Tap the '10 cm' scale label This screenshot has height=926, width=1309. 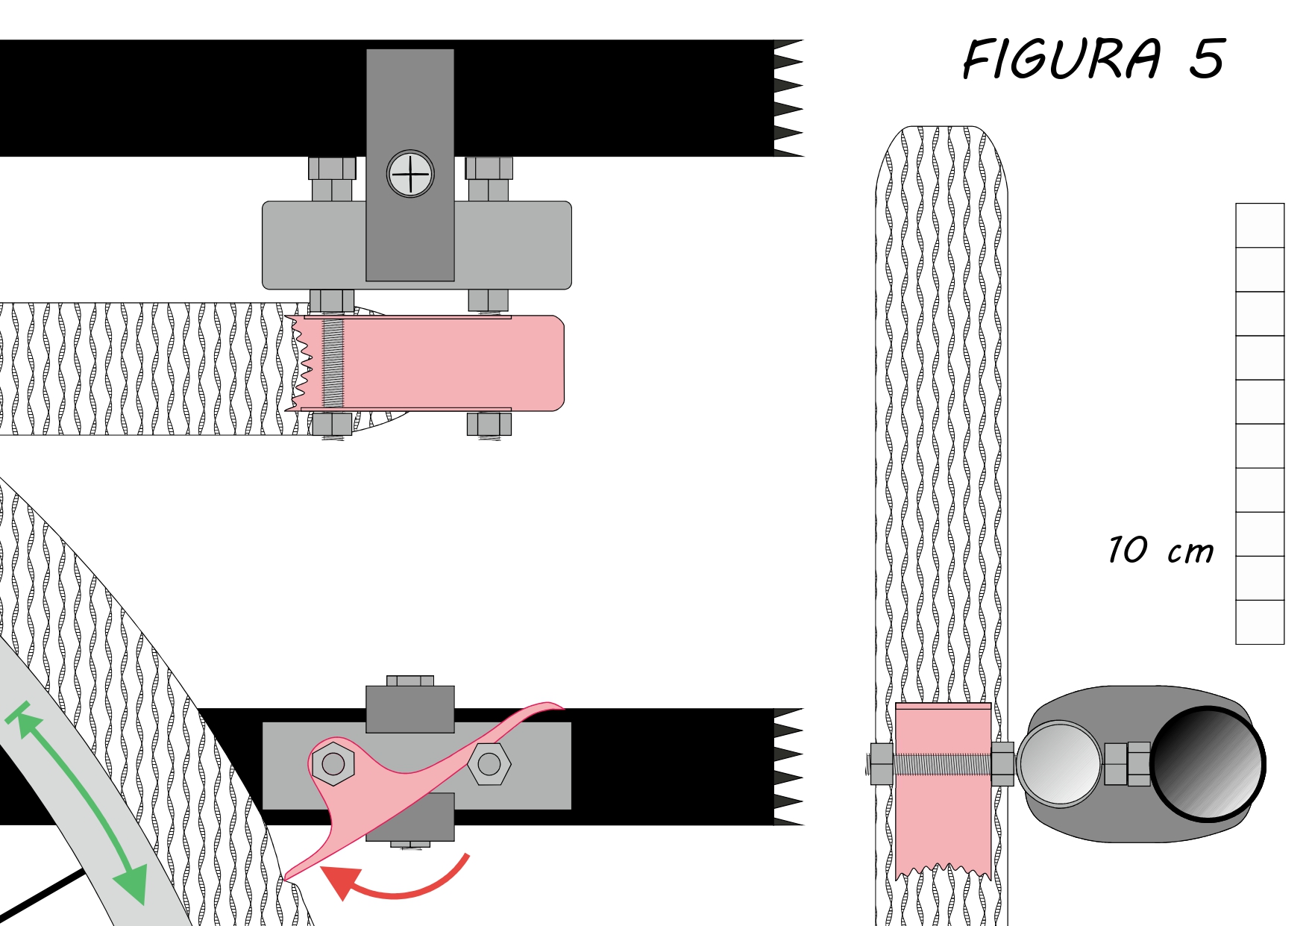[x=1161, y=550]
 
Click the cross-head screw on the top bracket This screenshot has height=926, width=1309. [x=410, y=174]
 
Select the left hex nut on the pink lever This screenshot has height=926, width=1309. [x=333, y=763]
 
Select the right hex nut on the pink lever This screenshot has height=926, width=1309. [x=489, y=763]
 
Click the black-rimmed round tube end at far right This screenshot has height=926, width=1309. [x=1208, y=764]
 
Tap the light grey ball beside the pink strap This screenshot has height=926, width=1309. [x=1059, y=764]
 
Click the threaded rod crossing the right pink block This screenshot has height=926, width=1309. [x=942, y=764]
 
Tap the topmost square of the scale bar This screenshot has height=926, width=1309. [x=1260, y=225]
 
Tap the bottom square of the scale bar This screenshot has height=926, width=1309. [x=1260, y=622]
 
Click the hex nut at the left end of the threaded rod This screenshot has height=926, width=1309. [x=882, y=764]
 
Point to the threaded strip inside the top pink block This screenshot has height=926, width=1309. [x=333, y=363]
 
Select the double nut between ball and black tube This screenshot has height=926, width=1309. [x=1127, y=764]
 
